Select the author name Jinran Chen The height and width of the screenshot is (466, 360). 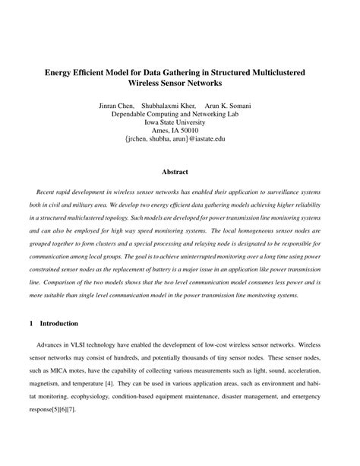point(119,106)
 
